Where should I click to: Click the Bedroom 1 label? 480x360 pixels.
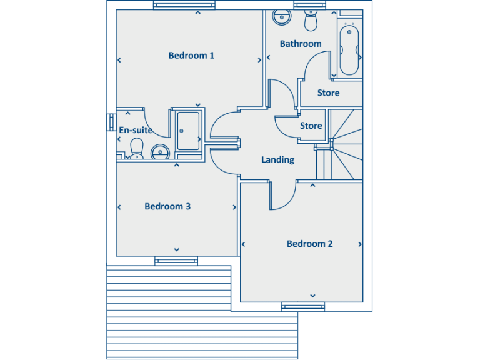point(191,56)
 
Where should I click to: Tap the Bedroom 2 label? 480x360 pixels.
point(310,244)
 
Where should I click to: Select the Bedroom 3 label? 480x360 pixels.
point(167,206)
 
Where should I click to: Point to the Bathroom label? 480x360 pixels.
point(301,44)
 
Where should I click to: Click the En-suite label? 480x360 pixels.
point(136,130)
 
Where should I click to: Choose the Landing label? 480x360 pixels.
point(277,159)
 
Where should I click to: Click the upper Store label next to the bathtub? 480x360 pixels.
point(328,92)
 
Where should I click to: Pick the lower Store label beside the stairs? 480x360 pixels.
point(311,126)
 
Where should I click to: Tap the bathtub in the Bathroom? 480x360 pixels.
point(348,49)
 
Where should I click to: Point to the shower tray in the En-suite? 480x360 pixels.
point(187,131)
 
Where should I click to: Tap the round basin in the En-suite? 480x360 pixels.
point(161,151)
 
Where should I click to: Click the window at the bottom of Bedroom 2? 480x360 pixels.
point(303,306)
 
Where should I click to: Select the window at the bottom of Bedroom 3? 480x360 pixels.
point(176,261)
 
